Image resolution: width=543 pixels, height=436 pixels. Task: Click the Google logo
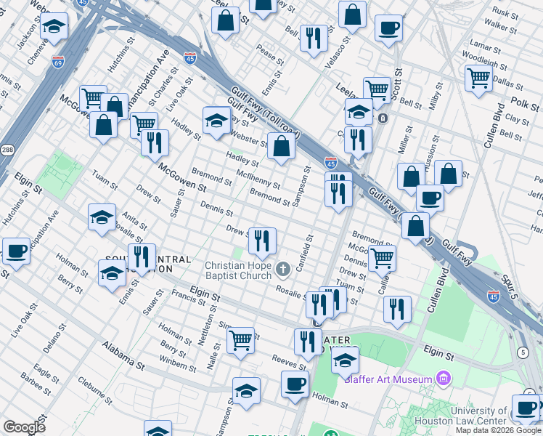[23, 427]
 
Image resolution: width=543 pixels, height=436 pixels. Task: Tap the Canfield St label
[310, 249]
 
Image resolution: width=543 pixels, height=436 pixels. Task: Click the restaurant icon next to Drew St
[262, 239]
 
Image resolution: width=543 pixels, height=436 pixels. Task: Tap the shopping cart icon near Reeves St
[240, 339]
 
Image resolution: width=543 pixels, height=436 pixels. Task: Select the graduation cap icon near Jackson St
[54, 28]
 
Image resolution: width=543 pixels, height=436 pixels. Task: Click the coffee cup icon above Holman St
[295, 383]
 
